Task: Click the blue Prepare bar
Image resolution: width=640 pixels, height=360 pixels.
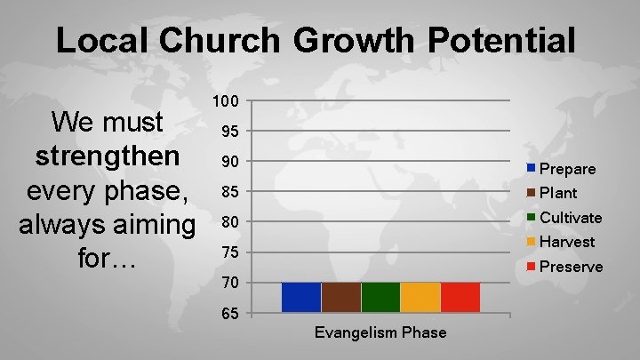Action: pos(301,297)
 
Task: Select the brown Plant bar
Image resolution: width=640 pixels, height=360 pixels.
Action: pos(341,297)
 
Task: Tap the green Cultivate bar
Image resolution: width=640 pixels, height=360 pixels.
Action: pos(380,297)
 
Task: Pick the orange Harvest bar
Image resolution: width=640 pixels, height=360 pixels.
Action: pos(420,297)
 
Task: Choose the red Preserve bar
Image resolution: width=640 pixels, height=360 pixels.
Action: pos(460,297)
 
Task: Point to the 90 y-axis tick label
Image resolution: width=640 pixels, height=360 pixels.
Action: pos(232,161)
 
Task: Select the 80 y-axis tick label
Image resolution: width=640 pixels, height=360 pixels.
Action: pos(232,221)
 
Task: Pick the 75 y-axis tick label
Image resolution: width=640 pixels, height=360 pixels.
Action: pos(232,252)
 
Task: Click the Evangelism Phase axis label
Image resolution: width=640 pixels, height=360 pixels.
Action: pos(380,332)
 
